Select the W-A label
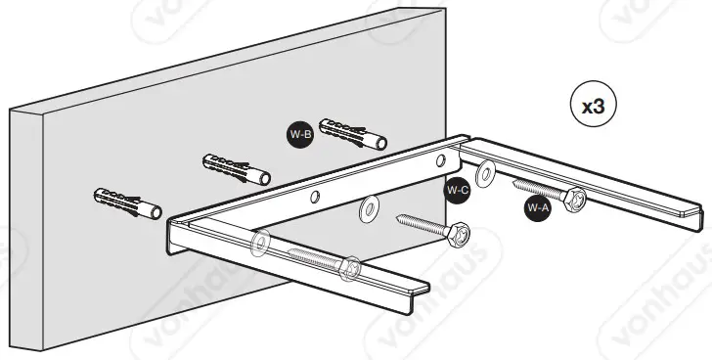[x=537, y=207]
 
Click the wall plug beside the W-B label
[x=352, y=133]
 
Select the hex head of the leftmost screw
[x=349, y=266]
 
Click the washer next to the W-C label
[x=481, y=177]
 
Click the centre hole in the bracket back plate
[x=315, y=199]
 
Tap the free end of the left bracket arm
[x=423, y=290]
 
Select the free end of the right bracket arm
[x=691, y=209]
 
